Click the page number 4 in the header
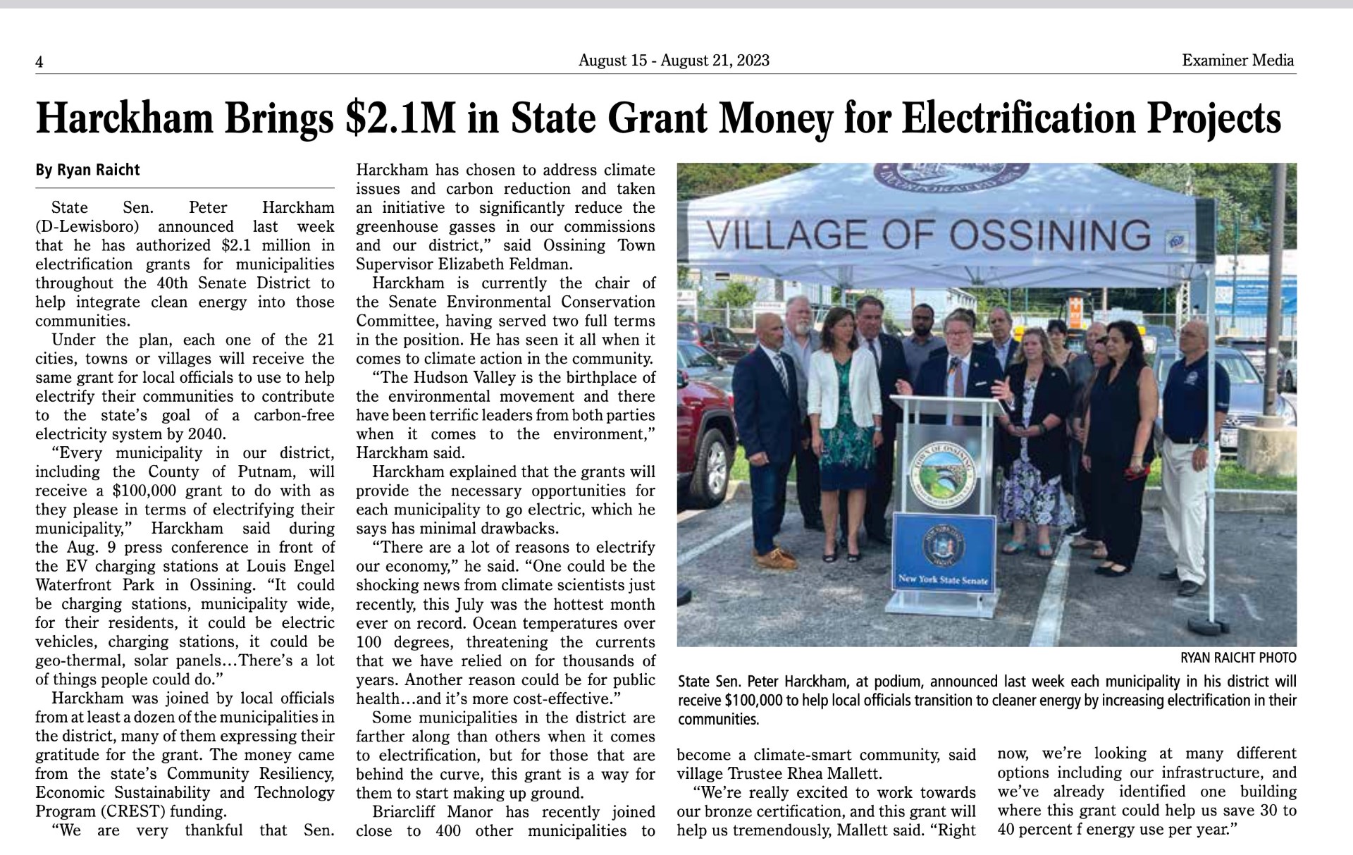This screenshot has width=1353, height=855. (39, 62)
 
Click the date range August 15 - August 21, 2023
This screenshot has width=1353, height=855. (674, 61)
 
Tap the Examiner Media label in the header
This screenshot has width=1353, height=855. (1238, 61)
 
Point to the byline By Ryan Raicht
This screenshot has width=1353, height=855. (88, 170)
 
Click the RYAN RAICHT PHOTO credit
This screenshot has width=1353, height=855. (1238, 658)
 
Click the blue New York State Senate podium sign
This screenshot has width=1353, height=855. (944, 554)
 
